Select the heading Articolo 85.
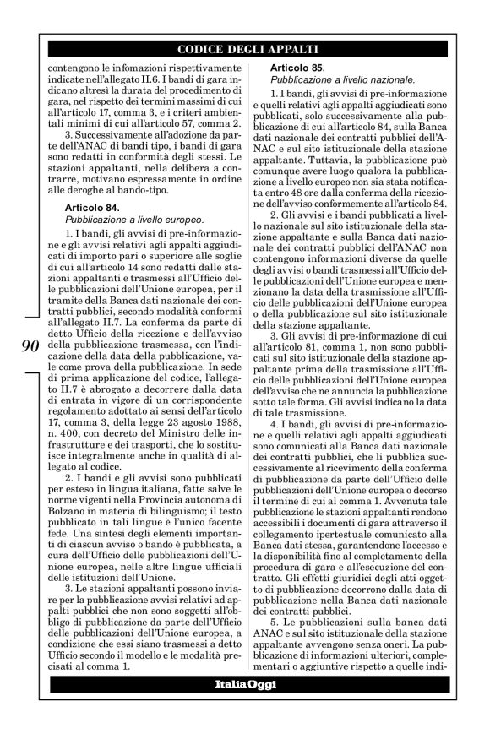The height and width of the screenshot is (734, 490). (x=298, y=67)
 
